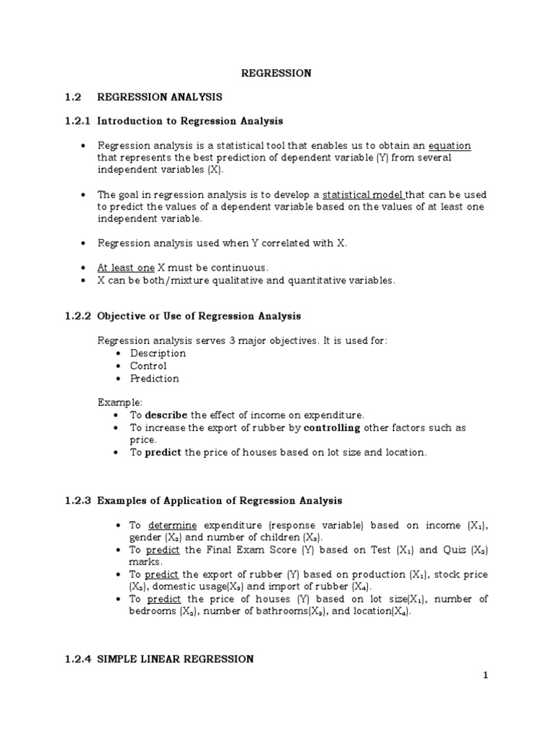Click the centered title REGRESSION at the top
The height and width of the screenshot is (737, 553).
coord(276,73)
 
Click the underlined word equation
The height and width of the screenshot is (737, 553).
coord(449,145)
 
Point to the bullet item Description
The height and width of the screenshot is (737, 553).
coord(158,353)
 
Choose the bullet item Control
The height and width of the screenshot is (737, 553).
coord(148,366)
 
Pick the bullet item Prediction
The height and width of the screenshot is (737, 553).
coord(155,379)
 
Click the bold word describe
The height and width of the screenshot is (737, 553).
coord(166,415)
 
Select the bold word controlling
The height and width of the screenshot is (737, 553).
coord(332,428)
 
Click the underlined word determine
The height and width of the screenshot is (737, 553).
coord(172,525)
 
